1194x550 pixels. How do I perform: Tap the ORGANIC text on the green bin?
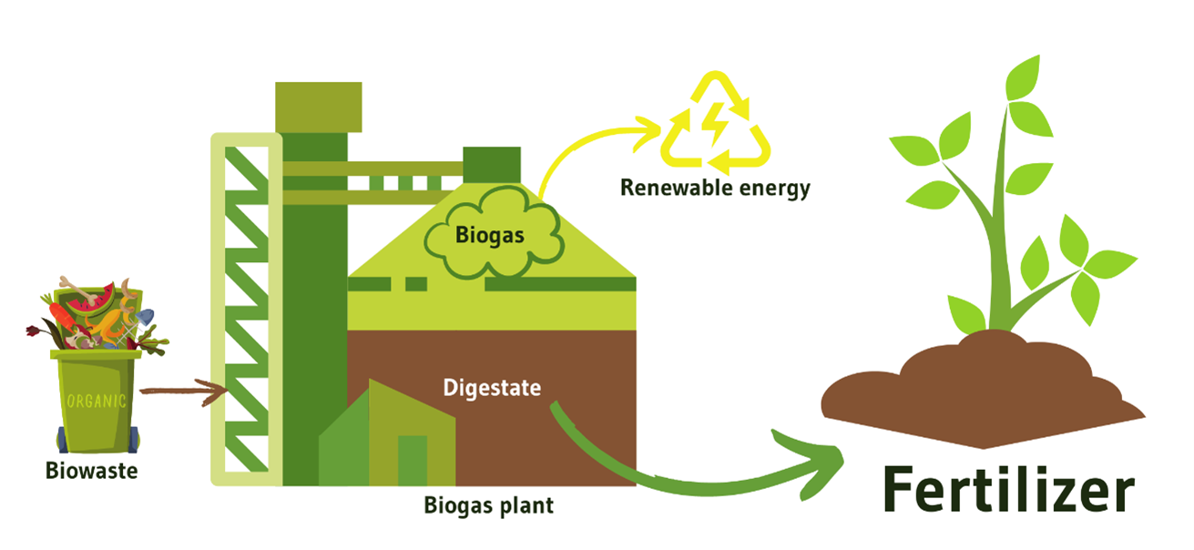click(x=97, y=402)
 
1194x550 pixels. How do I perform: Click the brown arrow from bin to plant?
click(x=182, y=393)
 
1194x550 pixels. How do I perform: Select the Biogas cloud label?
click(x=490, y=234)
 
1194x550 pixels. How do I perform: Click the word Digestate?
click(x=492, y=387)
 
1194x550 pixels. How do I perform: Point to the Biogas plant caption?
click(x=488, y=504)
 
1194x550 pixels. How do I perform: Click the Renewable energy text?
click(x=714, y=188)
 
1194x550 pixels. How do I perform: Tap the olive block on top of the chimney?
click(x=318, y=107)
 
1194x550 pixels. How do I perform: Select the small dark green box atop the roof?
click(x=491, y=165)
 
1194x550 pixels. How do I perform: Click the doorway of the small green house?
click(x=412, y=460)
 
